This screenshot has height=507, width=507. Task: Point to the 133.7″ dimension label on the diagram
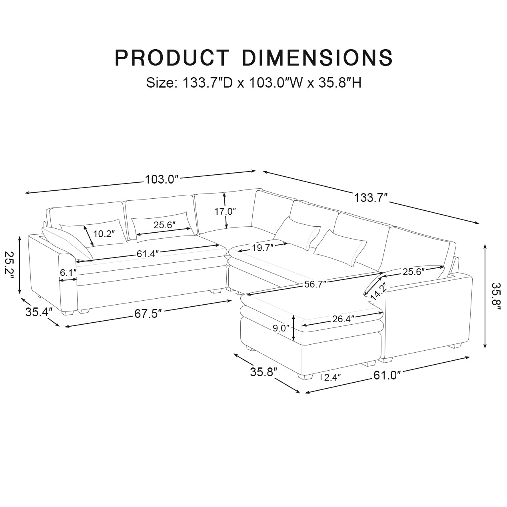(x=371, y=198)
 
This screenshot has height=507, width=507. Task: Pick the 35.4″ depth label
(x=39, y=312)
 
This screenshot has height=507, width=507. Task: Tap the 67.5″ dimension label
(x=148, y=313)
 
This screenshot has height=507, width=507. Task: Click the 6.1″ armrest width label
(x=68, y=273)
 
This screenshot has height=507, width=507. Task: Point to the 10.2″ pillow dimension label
(x=104, y=234)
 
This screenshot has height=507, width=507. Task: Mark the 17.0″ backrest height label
(x=225, y=212)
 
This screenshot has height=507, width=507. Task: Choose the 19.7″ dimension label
(x=262, y=248)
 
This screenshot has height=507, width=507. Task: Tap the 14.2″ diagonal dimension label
(x=377, y=291)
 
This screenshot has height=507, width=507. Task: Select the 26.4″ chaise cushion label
(x=342, y=319)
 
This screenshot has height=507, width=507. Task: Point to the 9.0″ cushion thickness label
(x=280, y=328)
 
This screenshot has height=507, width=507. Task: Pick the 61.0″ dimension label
(x=387, y=375)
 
